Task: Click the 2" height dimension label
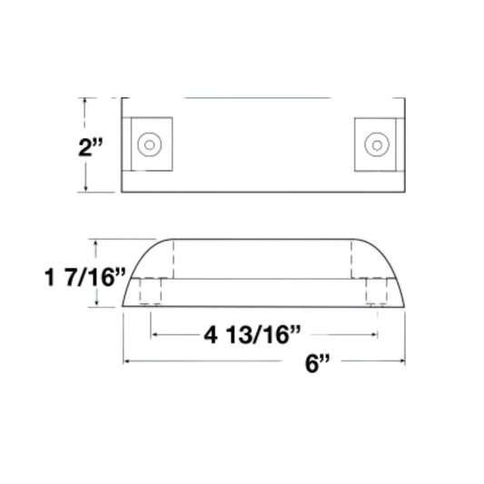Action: pos(90,147)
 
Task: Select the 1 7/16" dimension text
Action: pos(85,278)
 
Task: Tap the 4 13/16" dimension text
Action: pos(252,335)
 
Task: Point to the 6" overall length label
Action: pos(317,363)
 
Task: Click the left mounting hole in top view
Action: pos(150,144)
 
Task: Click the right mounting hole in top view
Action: pos(377,144)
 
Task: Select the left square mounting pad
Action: pos(152,144)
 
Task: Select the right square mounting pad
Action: pos(375,144)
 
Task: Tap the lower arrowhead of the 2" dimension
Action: pos(85,188)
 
